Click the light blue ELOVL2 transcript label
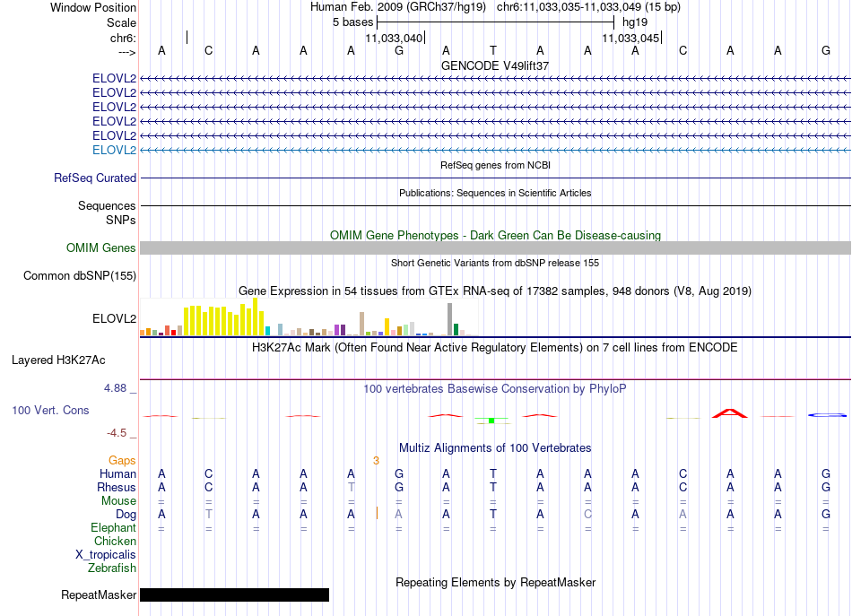114,150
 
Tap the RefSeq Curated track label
95,178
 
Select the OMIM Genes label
101,247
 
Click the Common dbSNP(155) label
80,275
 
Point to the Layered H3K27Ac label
58,360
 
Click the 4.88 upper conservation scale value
115,388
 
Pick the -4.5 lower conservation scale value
117,432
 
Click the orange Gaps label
122,461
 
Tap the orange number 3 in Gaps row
376,461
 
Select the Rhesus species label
117,487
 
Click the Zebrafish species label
112,568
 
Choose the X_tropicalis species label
106,555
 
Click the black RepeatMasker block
235,594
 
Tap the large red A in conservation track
730,413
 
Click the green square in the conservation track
491,421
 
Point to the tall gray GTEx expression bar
449,319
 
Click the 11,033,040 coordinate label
394,38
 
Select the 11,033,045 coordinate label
630,38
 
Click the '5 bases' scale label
353,22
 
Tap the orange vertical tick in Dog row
377,513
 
